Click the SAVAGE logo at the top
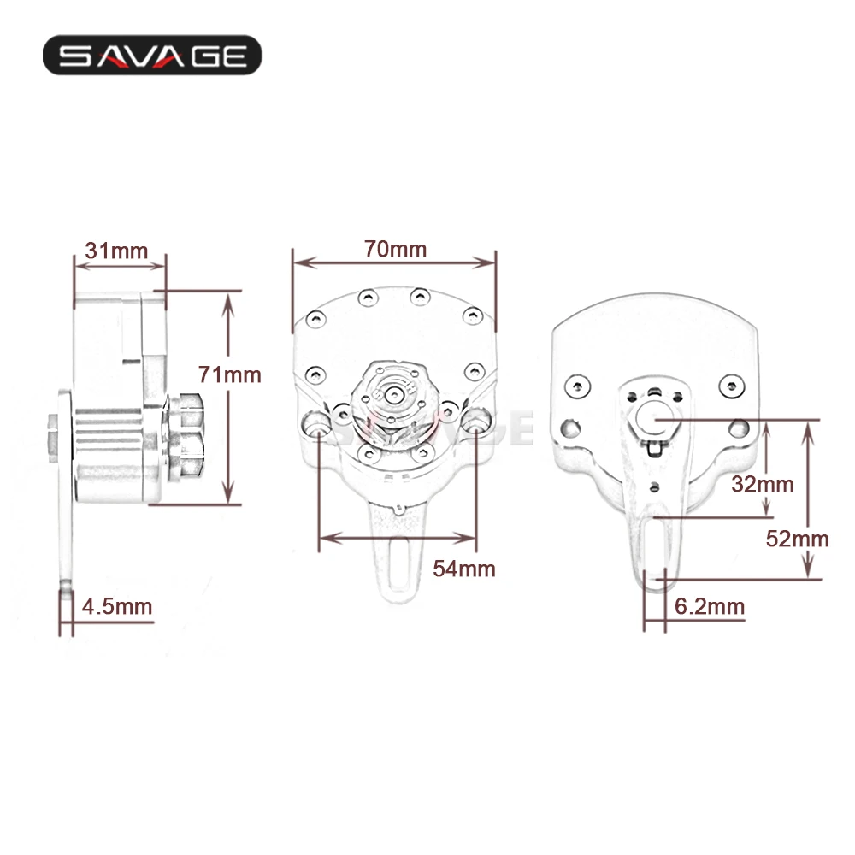coord(152,56)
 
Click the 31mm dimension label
coord(116,251)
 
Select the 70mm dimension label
coord(395,249)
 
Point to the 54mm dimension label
coord(464,569)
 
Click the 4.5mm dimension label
coord(117,607)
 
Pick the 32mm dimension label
coord(764,484)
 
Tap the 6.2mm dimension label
coord(710,607)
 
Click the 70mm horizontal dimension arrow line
coord(394,262)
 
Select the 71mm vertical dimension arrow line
coord(227,398)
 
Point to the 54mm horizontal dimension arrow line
coord(397,538)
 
